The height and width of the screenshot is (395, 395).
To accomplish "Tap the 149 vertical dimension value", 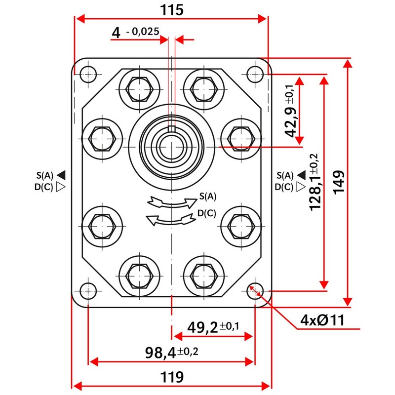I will point(339,183).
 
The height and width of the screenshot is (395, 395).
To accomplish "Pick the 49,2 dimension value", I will point(203,326).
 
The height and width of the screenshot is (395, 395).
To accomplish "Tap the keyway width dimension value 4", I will point(117,33).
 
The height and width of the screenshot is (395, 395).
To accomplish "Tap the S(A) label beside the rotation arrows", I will point(207,196).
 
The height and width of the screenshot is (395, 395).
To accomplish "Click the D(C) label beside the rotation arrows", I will point(206,213).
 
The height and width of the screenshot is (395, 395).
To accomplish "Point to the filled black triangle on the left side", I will point(61,174).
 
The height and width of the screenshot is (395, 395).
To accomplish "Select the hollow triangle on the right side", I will point(301,187).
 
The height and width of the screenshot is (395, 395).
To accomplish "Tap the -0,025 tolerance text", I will point(143,32).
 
